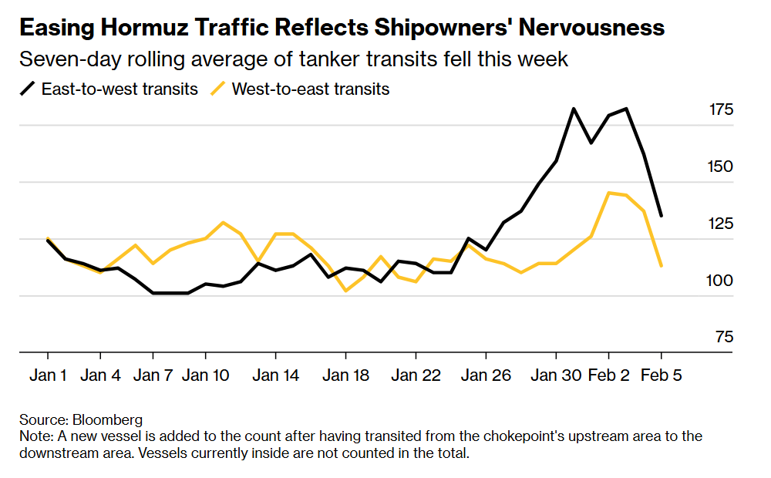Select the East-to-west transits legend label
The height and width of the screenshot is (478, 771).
click(120, 89)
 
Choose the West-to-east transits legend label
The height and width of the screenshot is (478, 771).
click(311, 89)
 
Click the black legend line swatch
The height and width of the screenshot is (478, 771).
click(27, 89)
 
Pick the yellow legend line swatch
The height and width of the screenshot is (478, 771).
click(218, 89)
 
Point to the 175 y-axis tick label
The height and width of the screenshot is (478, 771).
click(721, 110)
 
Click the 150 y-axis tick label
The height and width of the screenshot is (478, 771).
click(721, 167)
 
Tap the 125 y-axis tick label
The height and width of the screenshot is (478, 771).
click(721, 224)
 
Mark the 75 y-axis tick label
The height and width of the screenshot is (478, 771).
click(724, 338)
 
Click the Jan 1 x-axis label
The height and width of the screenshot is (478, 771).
click(48, 375)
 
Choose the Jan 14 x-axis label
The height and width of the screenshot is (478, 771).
click(275, 375)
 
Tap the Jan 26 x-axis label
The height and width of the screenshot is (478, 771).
click(486, 375)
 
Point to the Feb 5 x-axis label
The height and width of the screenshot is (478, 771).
click(661, 375)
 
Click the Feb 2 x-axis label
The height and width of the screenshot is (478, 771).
click(608, 375)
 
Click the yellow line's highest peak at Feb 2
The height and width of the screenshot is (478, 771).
click(609, 193)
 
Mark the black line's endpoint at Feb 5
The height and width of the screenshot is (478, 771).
click(661, 215)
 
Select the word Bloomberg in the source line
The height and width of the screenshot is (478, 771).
click(107, 420)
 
